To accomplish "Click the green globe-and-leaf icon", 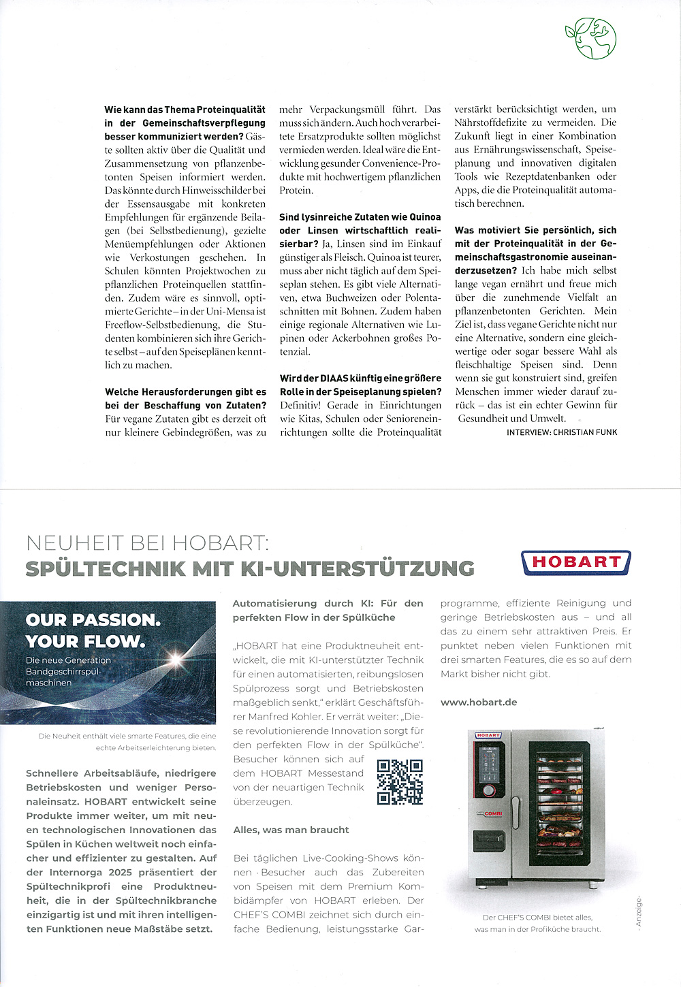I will (590, 38).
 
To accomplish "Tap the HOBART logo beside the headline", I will (576, 562).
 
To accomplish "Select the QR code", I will (400, 781).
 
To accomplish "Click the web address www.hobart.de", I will (479, 702).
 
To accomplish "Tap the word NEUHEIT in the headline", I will (75, 543).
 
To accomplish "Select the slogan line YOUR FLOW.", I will (85, 641).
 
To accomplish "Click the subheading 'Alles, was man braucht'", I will (291, 830).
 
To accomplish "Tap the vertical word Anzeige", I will (638, 911).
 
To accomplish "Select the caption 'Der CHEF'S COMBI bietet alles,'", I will (537, 917).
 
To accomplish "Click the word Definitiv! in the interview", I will (300, 405).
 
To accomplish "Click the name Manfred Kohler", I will (285, 717).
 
